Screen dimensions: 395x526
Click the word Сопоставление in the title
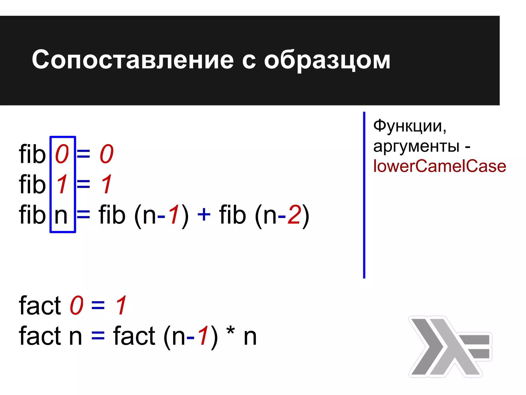coord(133,60)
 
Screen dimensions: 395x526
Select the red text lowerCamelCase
coord(439,166)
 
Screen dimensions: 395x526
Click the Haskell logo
coord(450,346)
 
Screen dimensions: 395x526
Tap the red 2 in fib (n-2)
coord(294,214)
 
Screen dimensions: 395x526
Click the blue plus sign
coord(204,214)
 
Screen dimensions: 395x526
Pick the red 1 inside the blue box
coord(62,184)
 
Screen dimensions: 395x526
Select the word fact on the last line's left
coord(40,335)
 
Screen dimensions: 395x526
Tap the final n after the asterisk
coord(250,337)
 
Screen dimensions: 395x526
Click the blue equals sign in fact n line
coord(98,336)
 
